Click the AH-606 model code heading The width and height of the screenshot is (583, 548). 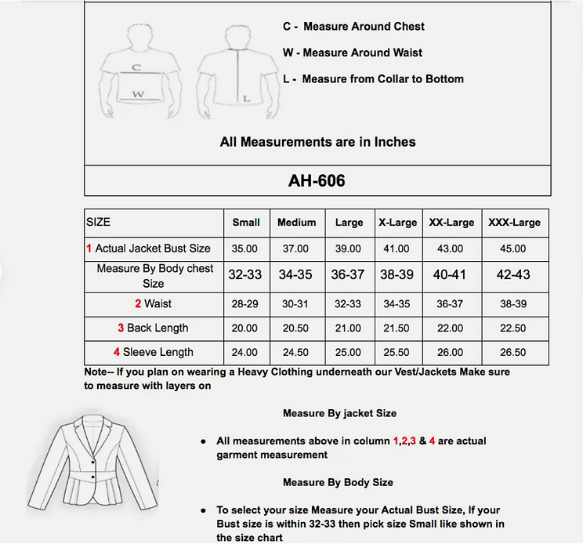(x=317, y=181)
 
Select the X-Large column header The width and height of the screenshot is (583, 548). (x=397, y=223)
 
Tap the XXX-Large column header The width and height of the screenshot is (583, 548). (x=514, y=223)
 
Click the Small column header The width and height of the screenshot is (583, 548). (x=246, y=223)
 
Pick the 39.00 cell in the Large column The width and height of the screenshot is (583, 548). (x=349, y=249)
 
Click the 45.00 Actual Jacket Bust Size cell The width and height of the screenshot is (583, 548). (x=513, y=249)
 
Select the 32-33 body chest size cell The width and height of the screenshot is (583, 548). (x=245, y=275)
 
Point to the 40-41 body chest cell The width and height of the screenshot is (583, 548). (x=449, y=275)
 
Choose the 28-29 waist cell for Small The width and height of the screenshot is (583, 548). (x=245, y=303)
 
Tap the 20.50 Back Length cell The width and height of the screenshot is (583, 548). (x=296, y=328)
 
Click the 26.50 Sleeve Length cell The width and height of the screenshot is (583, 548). (x=513, y=352)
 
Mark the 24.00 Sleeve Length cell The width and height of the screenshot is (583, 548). (x=245, y=352)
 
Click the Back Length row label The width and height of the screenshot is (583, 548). (x=154, y=328)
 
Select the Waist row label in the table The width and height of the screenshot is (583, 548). (x=154, y=303)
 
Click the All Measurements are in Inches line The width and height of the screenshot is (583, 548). (x=317, y=142)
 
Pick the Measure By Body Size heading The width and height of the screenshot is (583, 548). (x=338, y=482)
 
